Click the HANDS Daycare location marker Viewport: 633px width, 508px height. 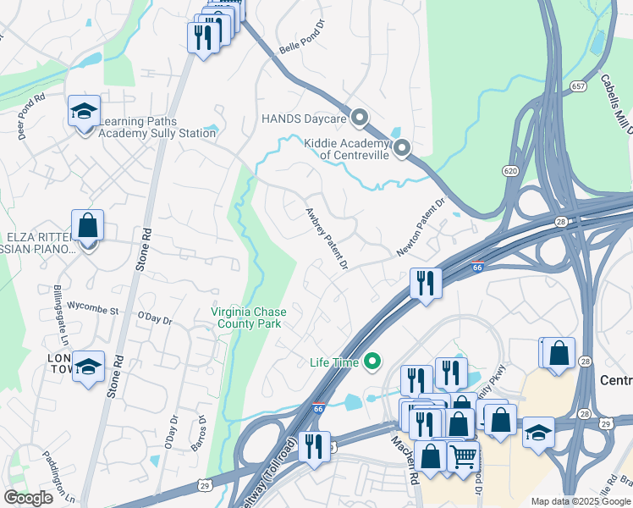coord(360,118)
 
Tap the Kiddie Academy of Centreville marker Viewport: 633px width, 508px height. coord(402,149)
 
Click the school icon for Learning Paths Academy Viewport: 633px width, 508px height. coord(84,112)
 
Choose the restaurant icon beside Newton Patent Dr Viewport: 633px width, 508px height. coord(425,283)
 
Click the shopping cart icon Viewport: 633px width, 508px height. coord(462,458)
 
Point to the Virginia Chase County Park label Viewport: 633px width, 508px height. coord(249,317)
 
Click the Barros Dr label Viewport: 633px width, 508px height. coord(203,433)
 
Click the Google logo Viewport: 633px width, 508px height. coord(28,498)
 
